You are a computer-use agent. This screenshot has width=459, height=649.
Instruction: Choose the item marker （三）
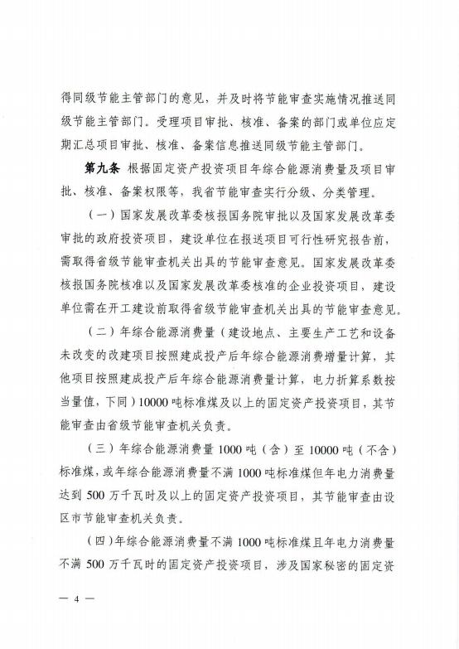tap(103, 453)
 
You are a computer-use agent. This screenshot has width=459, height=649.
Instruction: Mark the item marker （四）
tap(103, 548)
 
